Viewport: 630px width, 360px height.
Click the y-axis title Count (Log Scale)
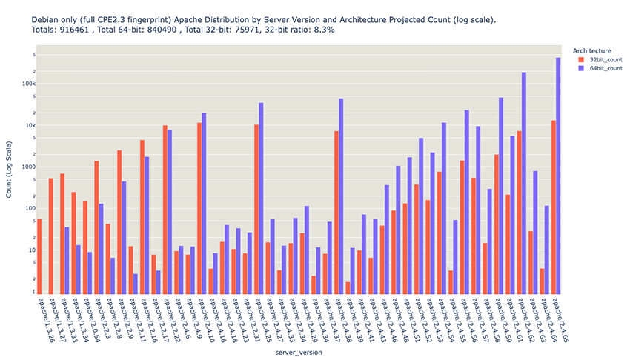click(x=9, y=170)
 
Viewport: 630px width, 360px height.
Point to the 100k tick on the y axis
click(x=24, y=84)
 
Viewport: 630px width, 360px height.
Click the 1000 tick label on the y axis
click(x=24, y=167)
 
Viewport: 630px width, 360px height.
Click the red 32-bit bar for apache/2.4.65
click(x=553, y=207)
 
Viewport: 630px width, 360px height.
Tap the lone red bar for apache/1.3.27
click(x=50, y=236)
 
